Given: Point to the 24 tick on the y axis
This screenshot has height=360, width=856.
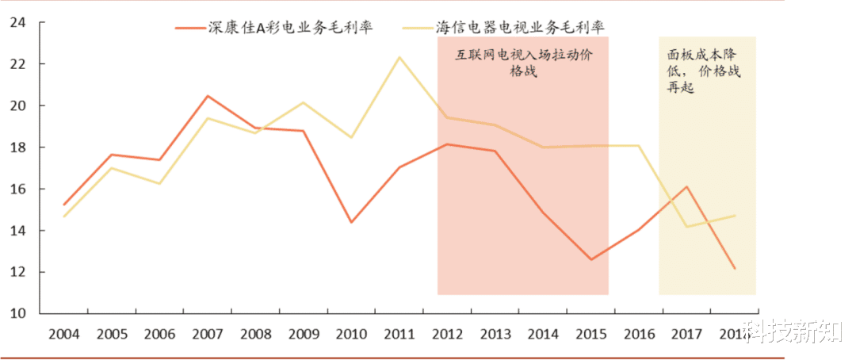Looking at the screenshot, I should pyautogui.click(x=17, y=23).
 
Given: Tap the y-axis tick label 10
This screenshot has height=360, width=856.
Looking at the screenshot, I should pyautogui.click(x=17, y=313).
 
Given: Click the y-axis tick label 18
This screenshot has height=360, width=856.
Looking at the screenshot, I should pyautogui.click(x=17, y=147).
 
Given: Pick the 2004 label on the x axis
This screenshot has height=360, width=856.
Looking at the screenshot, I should pyautogui.click(x=64, y=333).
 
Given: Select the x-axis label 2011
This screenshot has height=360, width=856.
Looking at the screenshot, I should pyautogui.click(x=399, y=333).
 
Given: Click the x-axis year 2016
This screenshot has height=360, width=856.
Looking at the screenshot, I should pyautogui.click(x=638, y=333).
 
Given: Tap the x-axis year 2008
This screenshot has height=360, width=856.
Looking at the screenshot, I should pyautogui.click(x=255, y=333).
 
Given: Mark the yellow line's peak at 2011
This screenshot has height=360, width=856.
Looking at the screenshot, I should pyautogui.click(x=399, y=57).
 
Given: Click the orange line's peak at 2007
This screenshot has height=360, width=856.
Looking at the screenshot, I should pyautogui.click(x=208, y=96).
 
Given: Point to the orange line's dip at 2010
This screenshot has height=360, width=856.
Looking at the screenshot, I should pyautogui.click(x=351, y=222).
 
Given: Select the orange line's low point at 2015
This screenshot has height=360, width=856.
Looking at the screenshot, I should pyautogui.click(x=590, y=259).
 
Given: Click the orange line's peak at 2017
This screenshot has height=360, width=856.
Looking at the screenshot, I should pyautogui.click(x=686, y=187).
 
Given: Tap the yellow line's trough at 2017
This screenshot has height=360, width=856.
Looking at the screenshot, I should pyautogui.click(x=686, y=227).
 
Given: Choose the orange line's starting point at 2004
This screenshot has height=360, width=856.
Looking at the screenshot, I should pyautogui.click(x=64, y=205).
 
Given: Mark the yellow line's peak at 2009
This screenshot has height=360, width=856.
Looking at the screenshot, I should pyautogui.click(x=304, y=102).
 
